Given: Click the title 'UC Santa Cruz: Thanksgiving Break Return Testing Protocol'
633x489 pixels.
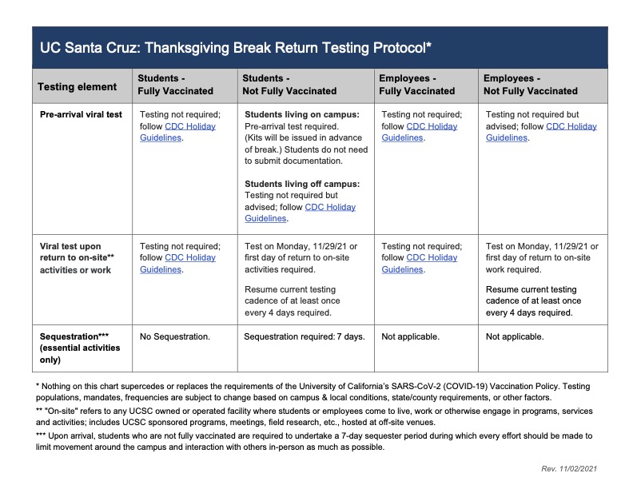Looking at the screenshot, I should [236, 48].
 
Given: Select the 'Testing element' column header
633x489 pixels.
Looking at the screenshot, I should [77, 86].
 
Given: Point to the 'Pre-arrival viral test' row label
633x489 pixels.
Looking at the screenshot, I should [81, 114].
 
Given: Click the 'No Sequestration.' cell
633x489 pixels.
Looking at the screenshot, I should [175, 336].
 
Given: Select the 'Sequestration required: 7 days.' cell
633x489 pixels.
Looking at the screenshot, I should [304, 336].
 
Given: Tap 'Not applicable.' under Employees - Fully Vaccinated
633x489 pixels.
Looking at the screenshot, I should [410, 336].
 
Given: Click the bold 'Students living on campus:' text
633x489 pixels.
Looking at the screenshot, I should [301, 114].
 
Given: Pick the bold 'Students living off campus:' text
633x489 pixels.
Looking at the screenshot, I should [301, 184].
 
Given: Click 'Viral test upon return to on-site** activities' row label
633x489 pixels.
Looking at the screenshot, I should [76, 258].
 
